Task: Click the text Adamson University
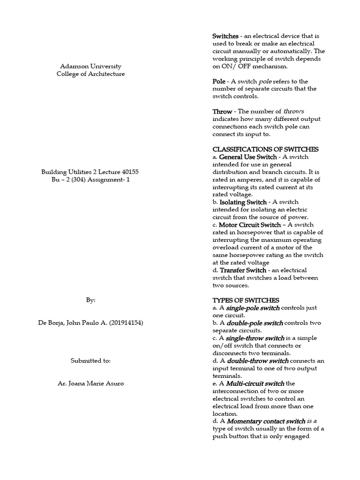click(91, 66)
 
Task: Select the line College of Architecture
click(91, 74)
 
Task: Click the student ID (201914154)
click(124, 322)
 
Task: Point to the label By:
click(90, 300)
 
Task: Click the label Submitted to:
click(90, 360)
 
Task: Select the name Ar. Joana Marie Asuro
click(91, 383)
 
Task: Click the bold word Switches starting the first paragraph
click(225, 36)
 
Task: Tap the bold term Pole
click(219, 81)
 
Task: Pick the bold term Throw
click(222, 112)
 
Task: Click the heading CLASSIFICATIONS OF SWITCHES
click(265, 149)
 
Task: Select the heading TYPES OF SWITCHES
click(246, 300)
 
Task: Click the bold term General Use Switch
click(248, 157)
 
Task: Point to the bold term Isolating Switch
click(243, 202)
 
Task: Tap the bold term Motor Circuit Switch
click(250, 225)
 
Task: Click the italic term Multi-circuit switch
click(255, 383)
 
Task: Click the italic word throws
click(294, 112)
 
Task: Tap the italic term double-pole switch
click(255, 323)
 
